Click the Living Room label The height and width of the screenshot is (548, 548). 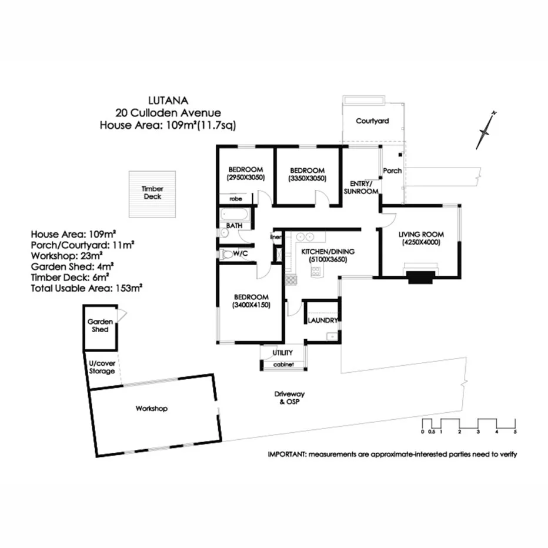(420, 233)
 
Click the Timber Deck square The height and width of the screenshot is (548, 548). (152, 193)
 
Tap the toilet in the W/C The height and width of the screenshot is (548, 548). (227, 255)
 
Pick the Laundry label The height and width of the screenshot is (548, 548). (322, 320)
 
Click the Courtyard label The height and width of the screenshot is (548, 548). (372, 121)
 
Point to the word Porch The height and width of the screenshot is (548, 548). (392, 171)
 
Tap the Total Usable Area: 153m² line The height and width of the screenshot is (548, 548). (88, 288)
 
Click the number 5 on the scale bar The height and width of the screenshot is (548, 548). (515, 432)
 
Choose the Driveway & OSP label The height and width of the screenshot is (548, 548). (290, 398)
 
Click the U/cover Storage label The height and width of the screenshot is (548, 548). (102, 367)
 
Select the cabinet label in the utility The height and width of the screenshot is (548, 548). (283, 365)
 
